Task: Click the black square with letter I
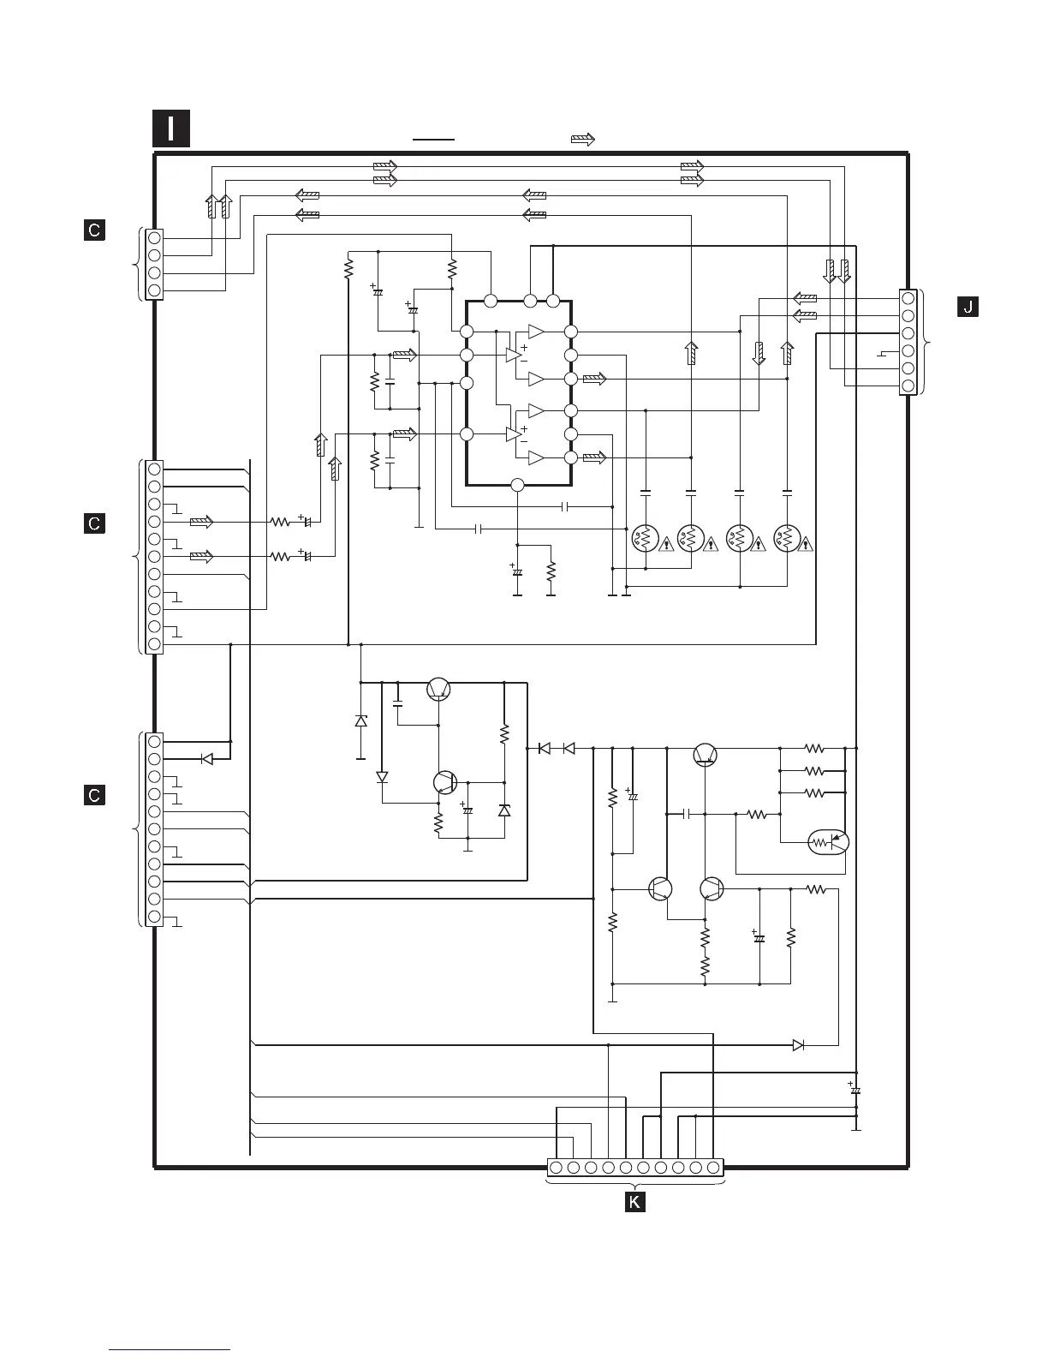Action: coord(170,129)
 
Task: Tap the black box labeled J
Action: coord(968,307)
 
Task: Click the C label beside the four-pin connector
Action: coord(94,230)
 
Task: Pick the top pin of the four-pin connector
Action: coord(154,238)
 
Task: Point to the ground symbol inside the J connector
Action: coord(882,354)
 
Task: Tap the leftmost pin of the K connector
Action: coord(557,1167)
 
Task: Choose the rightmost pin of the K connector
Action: coord(713,1167)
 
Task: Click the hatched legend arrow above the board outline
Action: coord(583,140)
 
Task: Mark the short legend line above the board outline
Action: coord(433,140)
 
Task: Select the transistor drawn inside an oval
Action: coord(828,842)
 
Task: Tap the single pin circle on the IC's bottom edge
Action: coord(517,485)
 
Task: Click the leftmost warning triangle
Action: coord(666,544)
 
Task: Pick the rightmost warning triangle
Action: coord(805,544)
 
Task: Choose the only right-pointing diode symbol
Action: coord(798,1045)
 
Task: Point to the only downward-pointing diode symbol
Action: coord(382,778)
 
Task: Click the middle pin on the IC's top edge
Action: coord(530,302)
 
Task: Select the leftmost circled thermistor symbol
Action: coord(646,538)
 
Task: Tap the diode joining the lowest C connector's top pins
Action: coord(207,759)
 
